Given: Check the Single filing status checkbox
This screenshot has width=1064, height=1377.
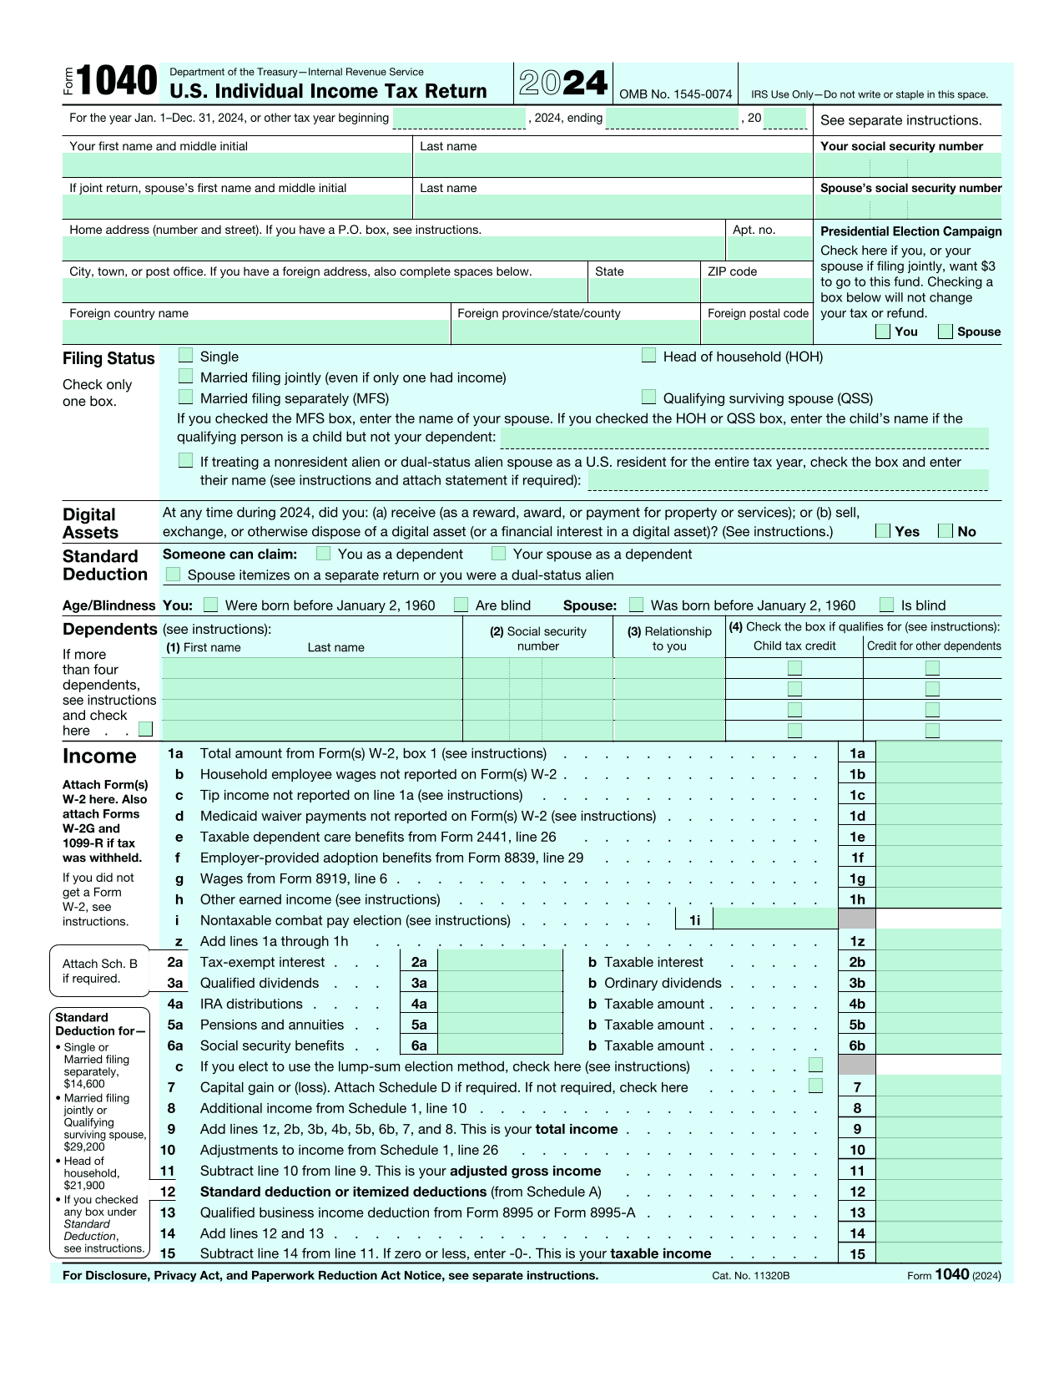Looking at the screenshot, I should click(185, 356).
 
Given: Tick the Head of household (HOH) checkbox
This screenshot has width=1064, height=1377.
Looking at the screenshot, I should click(648, 356).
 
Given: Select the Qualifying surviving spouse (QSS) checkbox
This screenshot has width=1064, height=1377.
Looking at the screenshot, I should click(648, 397).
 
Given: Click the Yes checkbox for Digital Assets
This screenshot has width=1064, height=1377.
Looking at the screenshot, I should click(883, 531).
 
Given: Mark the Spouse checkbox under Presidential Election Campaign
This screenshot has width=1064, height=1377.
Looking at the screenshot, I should click(945, 332).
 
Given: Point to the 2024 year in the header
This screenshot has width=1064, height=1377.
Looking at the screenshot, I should click(563, 83).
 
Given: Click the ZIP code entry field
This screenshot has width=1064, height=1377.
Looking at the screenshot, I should click(756, 291).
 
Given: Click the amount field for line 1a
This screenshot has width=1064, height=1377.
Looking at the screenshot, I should click(938, 753).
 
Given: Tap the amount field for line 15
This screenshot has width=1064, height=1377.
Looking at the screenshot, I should click(938, 1253).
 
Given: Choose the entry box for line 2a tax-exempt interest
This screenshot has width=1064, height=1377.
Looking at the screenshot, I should click(500, 962).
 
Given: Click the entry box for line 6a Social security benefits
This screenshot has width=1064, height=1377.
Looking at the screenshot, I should click(500, 1045).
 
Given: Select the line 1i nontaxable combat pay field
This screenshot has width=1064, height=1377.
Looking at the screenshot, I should click(775, 919).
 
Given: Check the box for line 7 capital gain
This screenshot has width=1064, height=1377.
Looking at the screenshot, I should click(816, 1086).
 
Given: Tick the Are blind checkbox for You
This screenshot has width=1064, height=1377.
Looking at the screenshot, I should click(461, 605).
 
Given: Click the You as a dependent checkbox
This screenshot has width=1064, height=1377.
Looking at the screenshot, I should click(324, 554).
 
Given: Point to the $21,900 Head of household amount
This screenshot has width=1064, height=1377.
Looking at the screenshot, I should click(84, 1185).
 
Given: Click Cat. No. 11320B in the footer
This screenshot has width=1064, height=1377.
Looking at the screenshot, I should click(750, 1275).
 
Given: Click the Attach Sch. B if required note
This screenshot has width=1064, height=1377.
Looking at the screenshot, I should click(99, 971).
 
